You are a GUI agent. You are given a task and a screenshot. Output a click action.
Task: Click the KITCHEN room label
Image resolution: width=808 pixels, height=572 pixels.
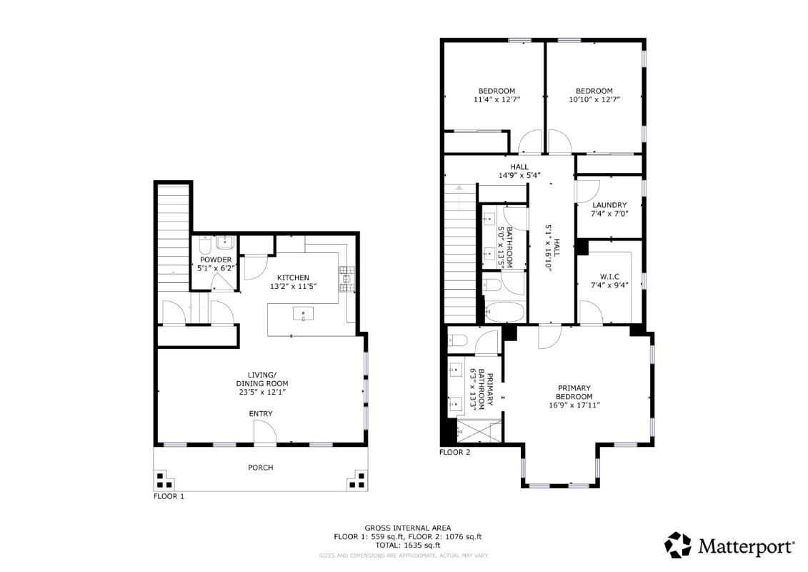(x=293, y=277)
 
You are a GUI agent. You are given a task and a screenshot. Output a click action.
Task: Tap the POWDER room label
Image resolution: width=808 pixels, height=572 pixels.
(x=216, y=260)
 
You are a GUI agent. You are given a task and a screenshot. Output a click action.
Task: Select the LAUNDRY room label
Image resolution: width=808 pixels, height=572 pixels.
(x=609, y=204)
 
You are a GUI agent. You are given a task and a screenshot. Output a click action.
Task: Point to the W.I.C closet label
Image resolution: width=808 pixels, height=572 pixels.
(x=609, y=277)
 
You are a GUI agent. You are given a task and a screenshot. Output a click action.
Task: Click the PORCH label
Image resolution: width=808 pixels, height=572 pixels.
(x=261, y=468)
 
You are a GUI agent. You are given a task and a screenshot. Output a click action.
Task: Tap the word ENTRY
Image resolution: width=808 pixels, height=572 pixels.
(x=261, y=414)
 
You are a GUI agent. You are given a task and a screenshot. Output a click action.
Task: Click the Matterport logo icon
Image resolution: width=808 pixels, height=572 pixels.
(x=678, y=545)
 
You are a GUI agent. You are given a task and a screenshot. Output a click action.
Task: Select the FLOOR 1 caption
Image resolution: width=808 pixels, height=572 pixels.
(x=169, y=496)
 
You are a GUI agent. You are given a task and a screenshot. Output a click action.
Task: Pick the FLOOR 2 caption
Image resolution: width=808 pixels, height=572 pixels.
(x=454, y=453)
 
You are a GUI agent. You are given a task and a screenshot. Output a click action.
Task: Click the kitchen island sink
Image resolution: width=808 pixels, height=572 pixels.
(x=303, y=314)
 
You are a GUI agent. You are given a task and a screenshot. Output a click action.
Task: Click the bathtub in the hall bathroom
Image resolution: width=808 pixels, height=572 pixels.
(x=505, y=312)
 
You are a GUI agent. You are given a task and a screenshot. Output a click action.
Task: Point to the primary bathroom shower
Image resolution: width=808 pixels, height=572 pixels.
(x=479, y=430)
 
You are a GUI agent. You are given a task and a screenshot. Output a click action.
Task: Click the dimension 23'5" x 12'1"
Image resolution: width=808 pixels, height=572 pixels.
(x=260, y=392)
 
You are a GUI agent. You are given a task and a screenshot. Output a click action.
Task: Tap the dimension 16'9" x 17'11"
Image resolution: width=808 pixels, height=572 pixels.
(x=574, y=405)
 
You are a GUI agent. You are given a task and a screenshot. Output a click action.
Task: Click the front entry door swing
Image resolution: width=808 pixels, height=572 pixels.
(x=265, y=431)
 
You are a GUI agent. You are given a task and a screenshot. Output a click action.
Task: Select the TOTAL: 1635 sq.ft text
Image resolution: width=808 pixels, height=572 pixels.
(x=408, y=545)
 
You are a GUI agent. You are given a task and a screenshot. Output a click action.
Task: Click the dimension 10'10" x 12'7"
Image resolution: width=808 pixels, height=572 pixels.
(x=594, y=99)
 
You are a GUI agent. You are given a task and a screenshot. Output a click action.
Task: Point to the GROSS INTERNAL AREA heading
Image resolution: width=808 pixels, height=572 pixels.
(x=408, y=528)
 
